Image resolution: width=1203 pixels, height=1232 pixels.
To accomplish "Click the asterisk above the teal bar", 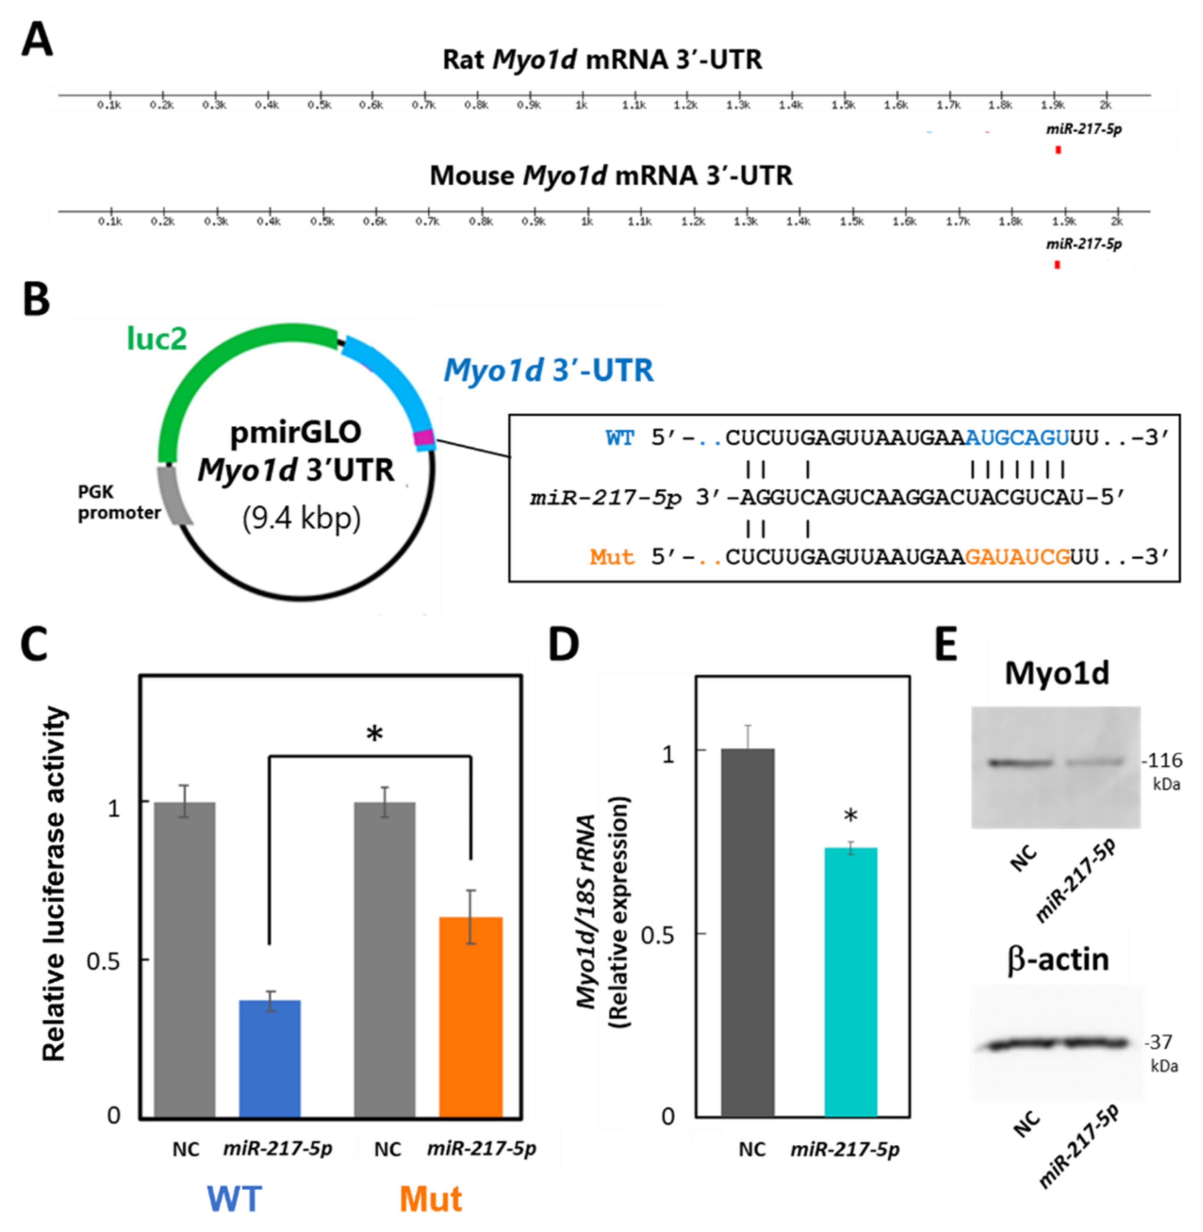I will click(x=850, y=816).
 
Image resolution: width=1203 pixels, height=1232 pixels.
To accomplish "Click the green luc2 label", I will click(x=157, y=339).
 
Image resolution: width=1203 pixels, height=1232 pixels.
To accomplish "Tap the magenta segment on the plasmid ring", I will click(x=423, y=437).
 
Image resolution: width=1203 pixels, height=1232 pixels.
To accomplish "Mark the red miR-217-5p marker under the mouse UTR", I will click(x=1056, y=265).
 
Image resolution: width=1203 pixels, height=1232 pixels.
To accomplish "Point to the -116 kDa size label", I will click(x=1162, y=761).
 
